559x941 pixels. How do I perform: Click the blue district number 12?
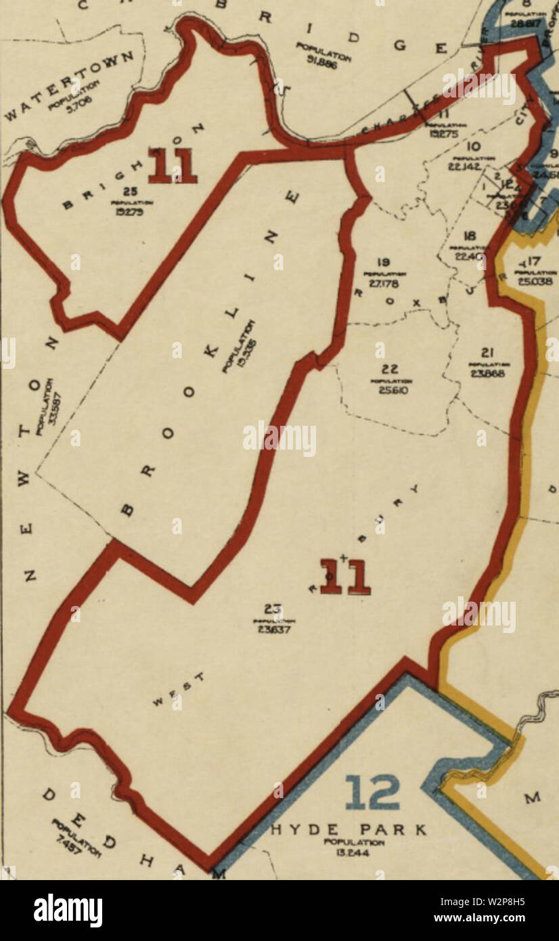(372, 793)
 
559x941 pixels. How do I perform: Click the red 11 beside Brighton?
(172, 165)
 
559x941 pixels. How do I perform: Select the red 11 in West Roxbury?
(345, 576)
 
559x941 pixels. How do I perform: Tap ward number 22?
(389, 370)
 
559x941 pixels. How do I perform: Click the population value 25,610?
(389, 390)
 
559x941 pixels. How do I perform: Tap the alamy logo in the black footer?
(68, 911)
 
